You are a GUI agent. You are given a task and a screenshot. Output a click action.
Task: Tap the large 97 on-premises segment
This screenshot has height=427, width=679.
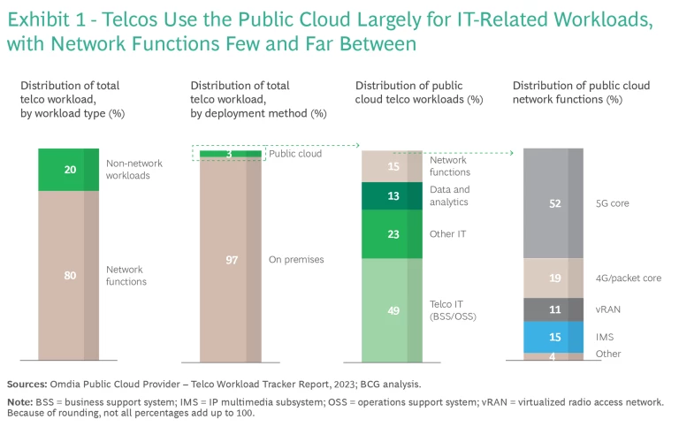[x=231, y=260]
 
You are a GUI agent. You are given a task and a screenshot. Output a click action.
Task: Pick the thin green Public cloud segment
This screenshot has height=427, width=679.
[x=231, y=154]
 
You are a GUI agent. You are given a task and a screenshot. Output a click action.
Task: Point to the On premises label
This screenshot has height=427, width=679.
[x=296, y=260]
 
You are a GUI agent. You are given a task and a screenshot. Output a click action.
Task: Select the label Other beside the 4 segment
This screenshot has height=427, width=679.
[x=608, y=354]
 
